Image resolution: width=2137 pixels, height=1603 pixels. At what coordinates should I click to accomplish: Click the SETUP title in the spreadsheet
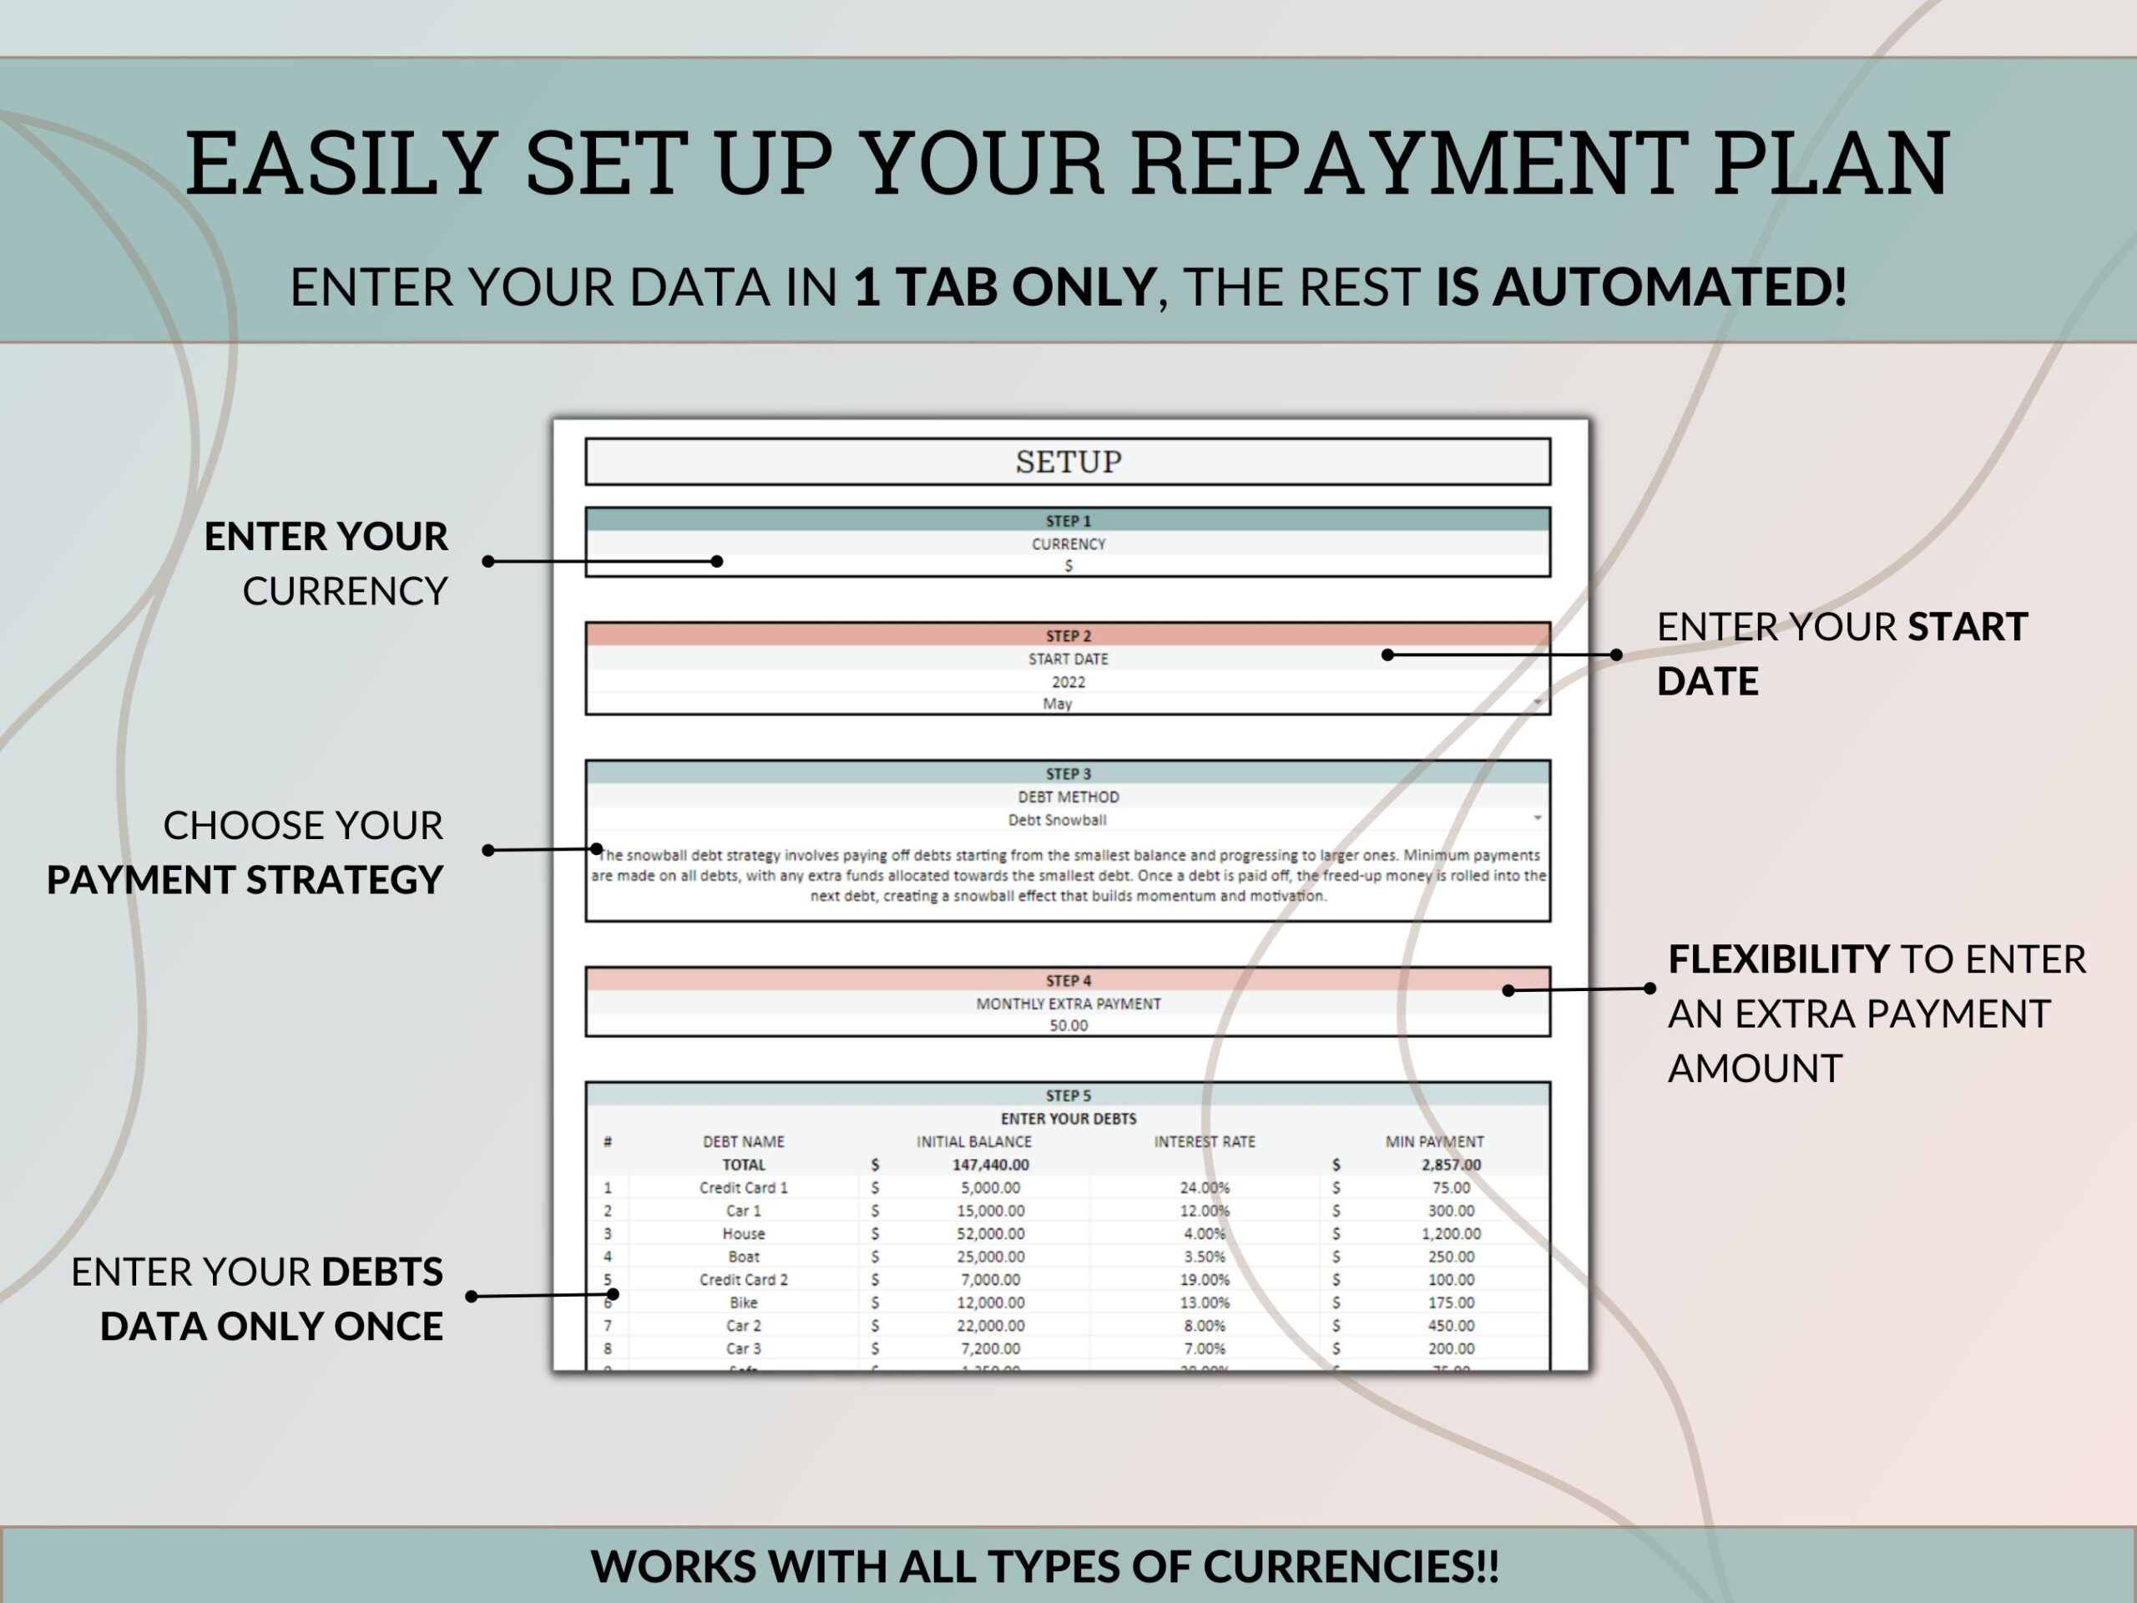pyautogui.click(x=1068, y=462)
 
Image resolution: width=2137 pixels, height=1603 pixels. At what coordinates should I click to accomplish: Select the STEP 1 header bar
pyautogui.click(x=1068, y=521)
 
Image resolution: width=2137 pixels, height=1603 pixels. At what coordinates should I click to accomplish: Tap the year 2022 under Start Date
pyautogui.click(x=1068, y=681)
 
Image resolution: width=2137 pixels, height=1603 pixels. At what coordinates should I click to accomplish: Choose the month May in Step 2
pyautogui.click(x=1057, y=704)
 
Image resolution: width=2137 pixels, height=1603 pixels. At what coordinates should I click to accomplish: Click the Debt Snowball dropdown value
pyautogui.click(x=1057, y=819)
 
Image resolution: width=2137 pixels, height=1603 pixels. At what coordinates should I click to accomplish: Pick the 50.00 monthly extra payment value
pyautogui.click(x=1068, y=1025)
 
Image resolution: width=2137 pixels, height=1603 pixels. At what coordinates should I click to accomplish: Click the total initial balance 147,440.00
pyautogui.click(x=989, y=1165)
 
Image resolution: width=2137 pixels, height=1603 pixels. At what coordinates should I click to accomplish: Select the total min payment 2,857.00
pyautogui.click(x=1450, y=1165)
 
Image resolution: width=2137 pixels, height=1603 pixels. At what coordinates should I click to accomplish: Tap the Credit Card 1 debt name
pyautogui.click(x=743, y=1187)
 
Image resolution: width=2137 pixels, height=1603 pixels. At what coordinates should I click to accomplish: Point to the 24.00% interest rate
pyautogui.click(x=1204, y=1187)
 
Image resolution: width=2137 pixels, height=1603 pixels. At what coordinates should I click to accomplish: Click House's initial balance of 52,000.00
pyautogui.click(x=989, y=1234)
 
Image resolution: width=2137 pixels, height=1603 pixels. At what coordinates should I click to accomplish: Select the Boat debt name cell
pyautogui.click(x=743, y=1257)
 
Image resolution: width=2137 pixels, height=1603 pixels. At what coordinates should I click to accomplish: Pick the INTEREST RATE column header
pyautogui.click(x=1204, y=1141)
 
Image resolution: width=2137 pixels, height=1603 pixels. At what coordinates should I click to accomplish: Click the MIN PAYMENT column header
pyautogui.click(x=1433, y=1141)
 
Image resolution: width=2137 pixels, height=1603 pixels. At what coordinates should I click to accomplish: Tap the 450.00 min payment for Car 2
pyautogui.click(x=1450, y=1326)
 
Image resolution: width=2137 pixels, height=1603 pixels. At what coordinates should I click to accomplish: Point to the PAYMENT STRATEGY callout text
pyautogui.click(x=245, y=880)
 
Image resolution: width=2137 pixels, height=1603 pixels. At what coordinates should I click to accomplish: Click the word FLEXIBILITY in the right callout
pyautogui.click(x=1777, y=959)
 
